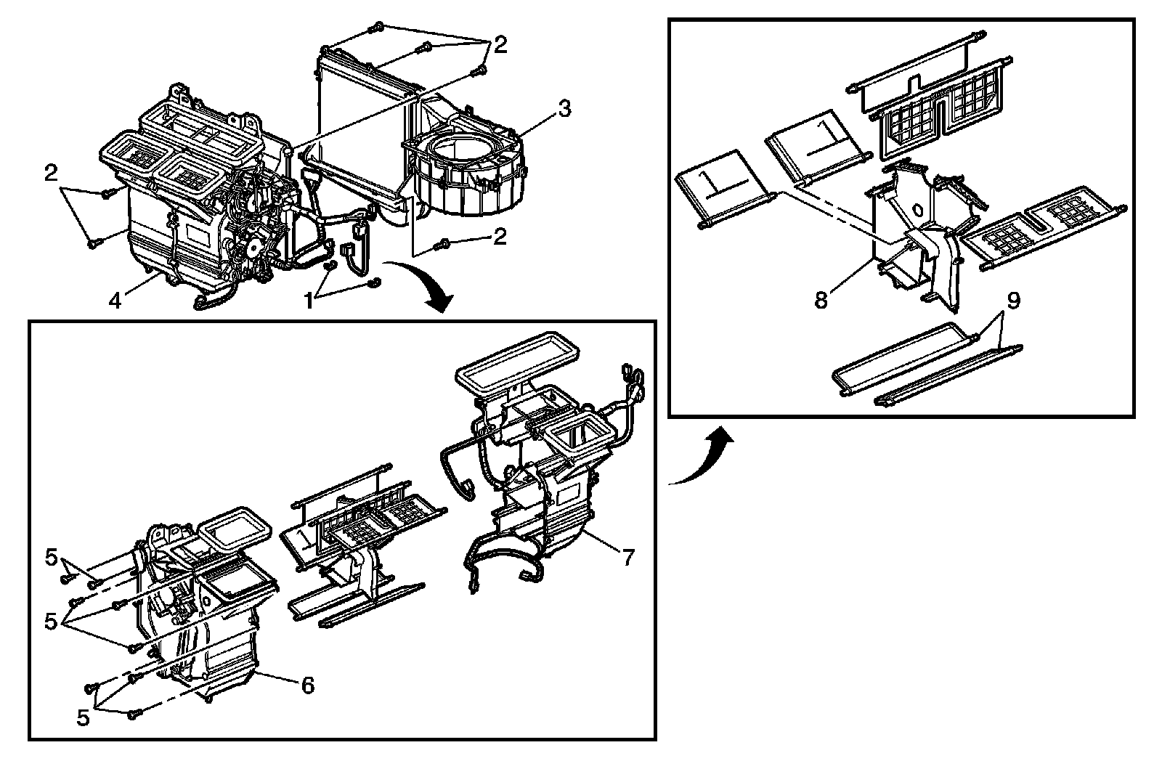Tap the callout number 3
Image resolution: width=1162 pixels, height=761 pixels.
pos(564,109)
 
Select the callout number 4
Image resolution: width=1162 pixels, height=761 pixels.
pos(115,299)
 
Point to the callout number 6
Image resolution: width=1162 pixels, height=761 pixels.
pos(307,684)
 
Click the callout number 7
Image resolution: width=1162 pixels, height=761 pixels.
pos(627,558)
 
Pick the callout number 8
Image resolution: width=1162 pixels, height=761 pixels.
pos(821,300)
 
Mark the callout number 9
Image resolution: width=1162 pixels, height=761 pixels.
pos(1013,300)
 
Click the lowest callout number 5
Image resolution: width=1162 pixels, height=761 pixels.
pos(84,718)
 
